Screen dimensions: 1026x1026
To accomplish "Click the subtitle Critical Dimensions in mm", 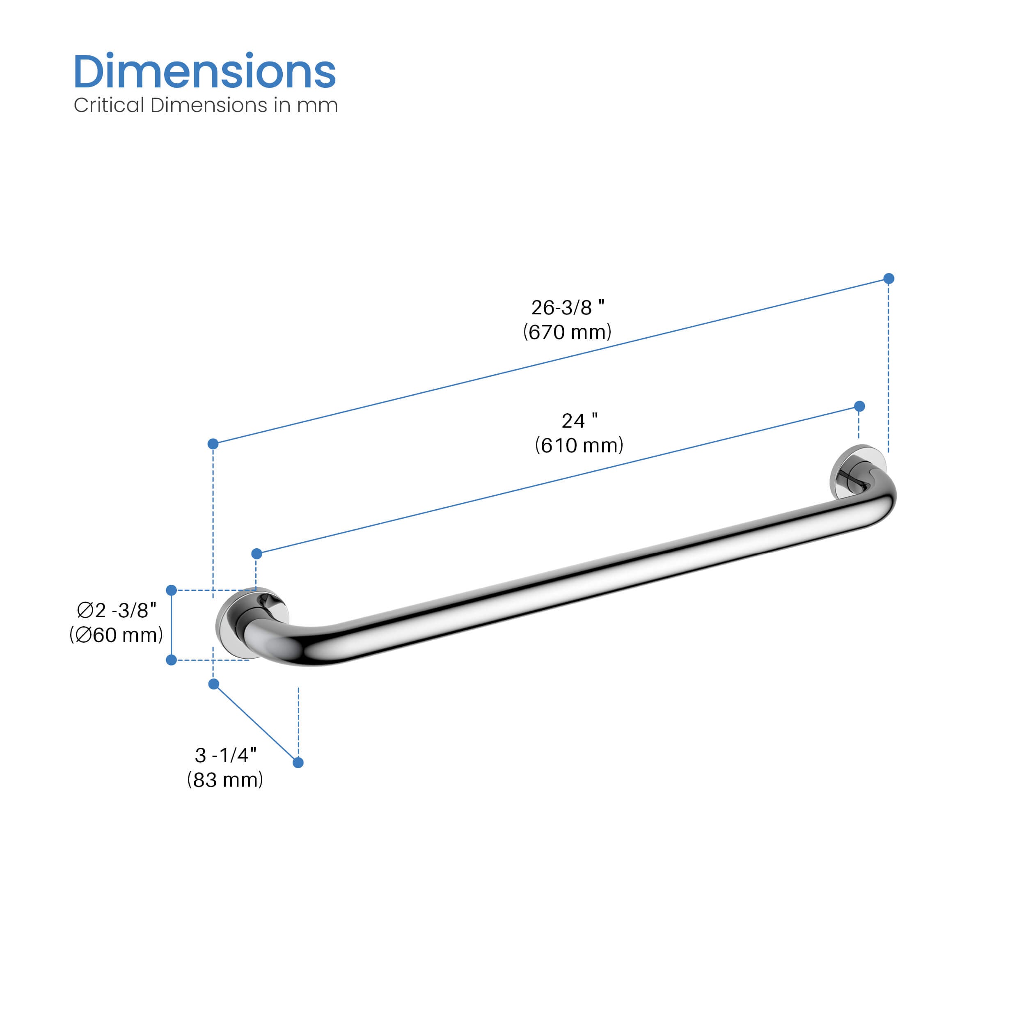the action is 206,105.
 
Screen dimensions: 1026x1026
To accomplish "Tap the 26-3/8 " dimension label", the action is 568,307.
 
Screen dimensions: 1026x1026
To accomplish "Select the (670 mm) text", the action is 567,332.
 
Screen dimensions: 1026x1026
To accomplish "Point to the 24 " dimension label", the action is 579,421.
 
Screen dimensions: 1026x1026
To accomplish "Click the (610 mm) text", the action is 579,445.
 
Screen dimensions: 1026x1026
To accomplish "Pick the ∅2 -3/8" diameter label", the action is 117,610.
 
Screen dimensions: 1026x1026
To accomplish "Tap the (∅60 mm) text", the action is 116,634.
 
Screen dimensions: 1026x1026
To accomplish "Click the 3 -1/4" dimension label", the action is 226,755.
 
